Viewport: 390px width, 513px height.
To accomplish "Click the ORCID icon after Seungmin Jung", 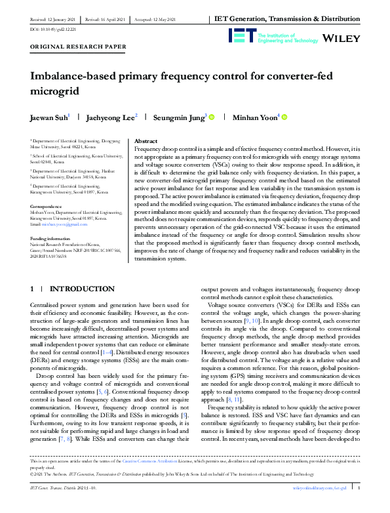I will [212, 117].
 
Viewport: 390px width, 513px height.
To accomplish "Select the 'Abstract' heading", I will [145, 141].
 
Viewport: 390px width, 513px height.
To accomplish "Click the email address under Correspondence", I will [63, 223].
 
